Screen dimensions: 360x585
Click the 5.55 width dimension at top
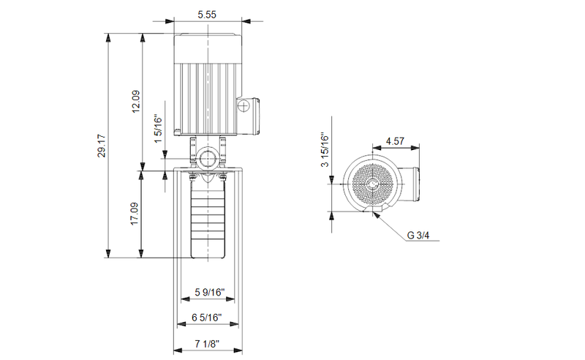pyautogui.click(x=208, y=14)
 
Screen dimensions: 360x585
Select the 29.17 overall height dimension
pyautogui.click(x=102, y=146)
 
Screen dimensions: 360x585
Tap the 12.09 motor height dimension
pyautogui.click(x=135, y=102)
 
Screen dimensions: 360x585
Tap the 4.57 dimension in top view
pyautogui.click(x=395, y=140)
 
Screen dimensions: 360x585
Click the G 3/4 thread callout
pyautogui.click(x=420, y=235)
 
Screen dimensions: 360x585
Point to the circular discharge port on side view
pyautogui.click(x=208, y=157)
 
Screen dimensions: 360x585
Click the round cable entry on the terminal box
pyautogui.click(x=244, y=108)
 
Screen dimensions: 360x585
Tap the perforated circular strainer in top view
pyautogui.click(x=371, y=182)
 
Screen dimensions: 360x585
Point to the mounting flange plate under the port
pyautogui.click(x=208, y=173)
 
